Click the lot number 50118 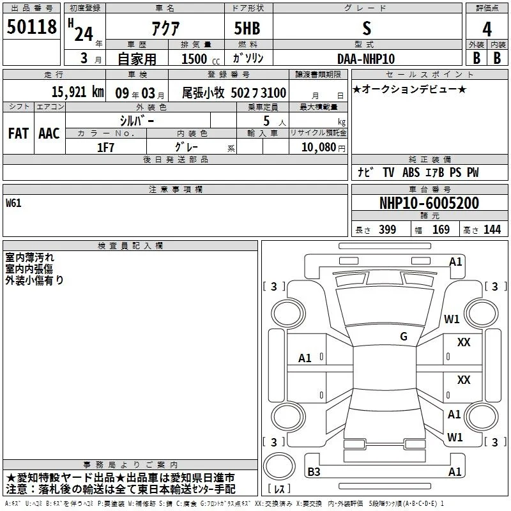tap(31, 27)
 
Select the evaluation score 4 tap(487, 29)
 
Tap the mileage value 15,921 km tap(77, 92)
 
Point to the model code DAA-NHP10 tap(366, 59)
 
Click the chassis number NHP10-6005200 tap(429, 203)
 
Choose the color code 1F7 tap(105, 148)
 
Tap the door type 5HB tap(247, 28)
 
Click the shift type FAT tap(19, 133)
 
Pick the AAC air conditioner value tap(49, 133)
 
